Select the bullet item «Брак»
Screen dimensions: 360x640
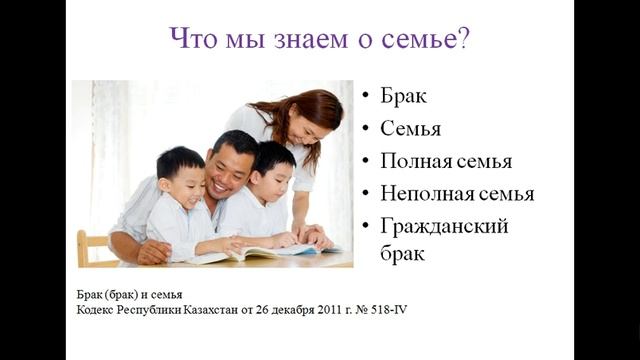point(403,97)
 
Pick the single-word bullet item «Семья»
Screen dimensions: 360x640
point(411,129)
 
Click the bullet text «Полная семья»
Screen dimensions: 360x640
point(446,161)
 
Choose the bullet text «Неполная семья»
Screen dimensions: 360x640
point(457,193)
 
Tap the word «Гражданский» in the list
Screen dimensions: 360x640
point(444,226)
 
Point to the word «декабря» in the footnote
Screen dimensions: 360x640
point(269,310)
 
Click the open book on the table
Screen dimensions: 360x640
point(249,251)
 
